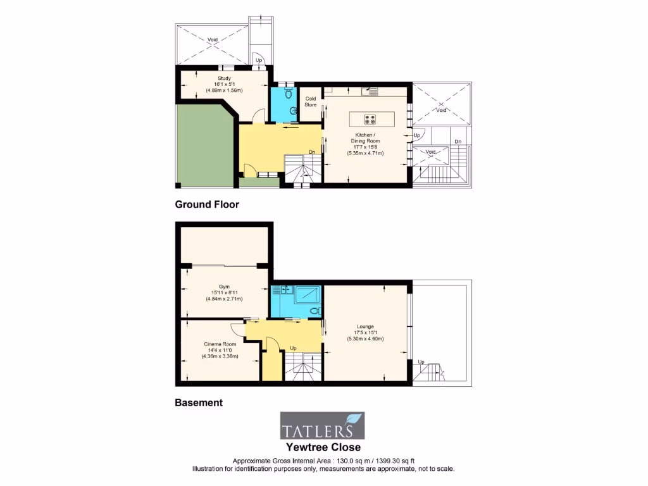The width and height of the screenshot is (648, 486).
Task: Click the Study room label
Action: tap(224, 78)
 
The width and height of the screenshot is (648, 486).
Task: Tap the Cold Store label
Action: tap(311, 101)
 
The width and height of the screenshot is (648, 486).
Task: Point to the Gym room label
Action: tap(224, 286)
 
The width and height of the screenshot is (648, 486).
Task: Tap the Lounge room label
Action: tap(366, 326)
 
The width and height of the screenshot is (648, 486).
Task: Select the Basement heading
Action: tap(199, 402)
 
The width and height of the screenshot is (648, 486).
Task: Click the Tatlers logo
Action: tap(323, 426)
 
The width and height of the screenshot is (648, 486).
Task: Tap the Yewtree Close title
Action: tap(323, 447)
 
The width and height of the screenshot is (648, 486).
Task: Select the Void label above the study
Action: tap(213, 40)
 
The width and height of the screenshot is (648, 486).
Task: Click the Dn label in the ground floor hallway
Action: tap(312, 151)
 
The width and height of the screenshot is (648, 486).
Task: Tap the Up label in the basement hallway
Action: tap(294, 348)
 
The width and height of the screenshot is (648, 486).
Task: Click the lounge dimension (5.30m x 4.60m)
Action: tap(366, 339)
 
